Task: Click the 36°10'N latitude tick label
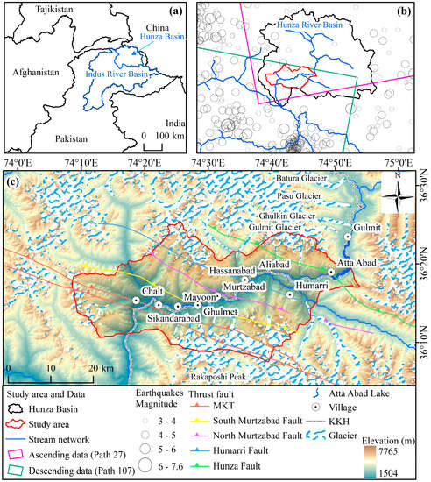(x=419, y=327)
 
